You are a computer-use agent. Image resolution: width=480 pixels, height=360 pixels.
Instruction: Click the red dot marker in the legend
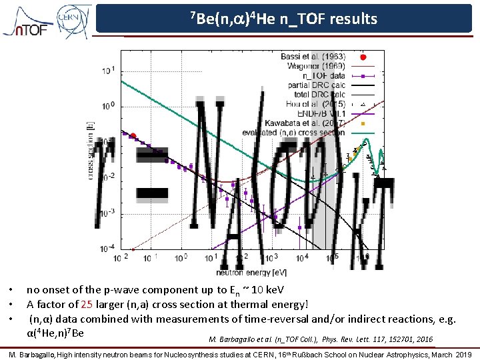(x=363, y=57)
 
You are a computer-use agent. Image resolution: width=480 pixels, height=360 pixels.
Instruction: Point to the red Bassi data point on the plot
(x=133, y=136)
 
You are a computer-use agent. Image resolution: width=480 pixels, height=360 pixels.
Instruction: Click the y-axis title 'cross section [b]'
(x=90, y=150)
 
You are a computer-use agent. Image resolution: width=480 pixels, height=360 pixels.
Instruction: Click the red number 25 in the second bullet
(x=87, y=305)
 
